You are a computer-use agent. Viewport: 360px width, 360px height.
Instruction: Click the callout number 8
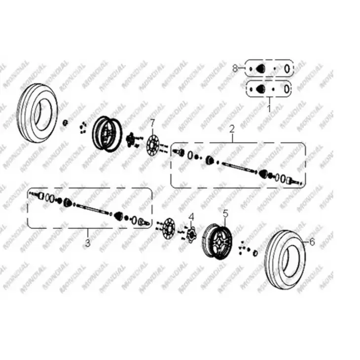[235, 68]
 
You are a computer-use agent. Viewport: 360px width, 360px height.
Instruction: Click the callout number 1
[269, 108]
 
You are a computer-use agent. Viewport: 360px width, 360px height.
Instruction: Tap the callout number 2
[232, 129]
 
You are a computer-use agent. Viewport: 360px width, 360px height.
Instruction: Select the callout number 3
[88, 243]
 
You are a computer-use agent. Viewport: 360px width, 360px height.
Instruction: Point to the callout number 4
[191, 217]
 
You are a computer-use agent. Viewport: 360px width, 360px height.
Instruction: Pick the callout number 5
[225, 214]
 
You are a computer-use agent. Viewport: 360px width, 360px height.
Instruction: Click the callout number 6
[312, 242]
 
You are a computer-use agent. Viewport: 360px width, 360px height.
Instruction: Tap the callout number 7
[153, 124]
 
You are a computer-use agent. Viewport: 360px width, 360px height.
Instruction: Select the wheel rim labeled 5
[217, 242]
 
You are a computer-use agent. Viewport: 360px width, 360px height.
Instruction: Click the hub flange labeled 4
[190, 234]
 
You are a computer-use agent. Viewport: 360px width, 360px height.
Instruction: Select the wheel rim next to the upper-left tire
[108, 134]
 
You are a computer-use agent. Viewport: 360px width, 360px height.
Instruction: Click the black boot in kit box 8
[260, 68]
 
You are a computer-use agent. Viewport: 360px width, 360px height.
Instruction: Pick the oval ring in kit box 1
[287, 89]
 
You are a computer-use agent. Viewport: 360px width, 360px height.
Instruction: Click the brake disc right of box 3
[169, 229]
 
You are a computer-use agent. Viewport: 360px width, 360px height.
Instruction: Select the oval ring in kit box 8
[287, 69]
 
